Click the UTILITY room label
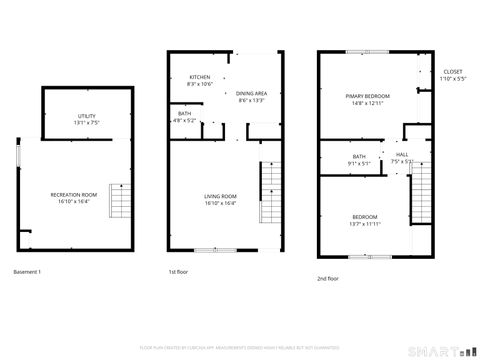click(x=87, y=116)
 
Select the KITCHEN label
click(x=200, y=77)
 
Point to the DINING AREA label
click(x=251, y=93)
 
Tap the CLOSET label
click(x=453, y=72)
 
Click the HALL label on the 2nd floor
click(x=401, y=155)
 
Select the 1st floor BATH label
click(x=185, y=113)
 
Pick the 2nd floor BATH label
click(x=359, y=156)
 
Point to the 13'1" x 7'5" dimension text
click(x=87, y=123)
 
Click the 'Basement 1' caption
click(x=27, y=272)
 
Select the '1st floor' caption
click(x=177, y=272)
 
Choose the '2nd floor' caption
click(x=327, y=279)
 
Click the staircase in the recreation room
click(x=119, y=203)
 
